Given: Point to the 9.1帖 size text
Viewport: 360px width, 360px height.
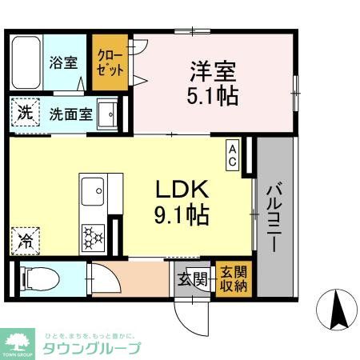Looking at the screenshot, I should pyautogui.click(x=182, y=214).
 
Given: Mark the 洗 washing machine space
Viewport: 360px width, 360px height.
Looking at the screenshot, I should pyautogui.click(x=25, y=113).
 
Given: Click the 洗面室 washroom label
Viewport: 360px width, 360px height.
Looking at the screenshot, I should pyautogui.click(x=70, y=114).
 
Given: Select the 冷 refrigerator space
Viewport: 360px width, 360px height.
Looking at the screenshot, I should pyautogui.click(x=26, y=238).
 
